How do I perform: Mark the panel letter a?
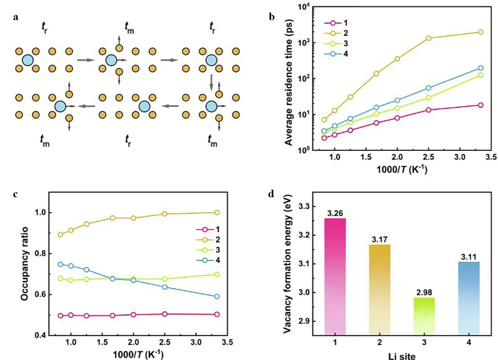click(16, 17)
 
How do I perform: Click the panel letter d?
click(271, 193)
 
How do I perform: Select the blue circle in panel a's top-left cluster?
click(28, 60)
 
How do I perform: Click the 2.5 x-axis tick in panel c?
click(164, 343)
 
